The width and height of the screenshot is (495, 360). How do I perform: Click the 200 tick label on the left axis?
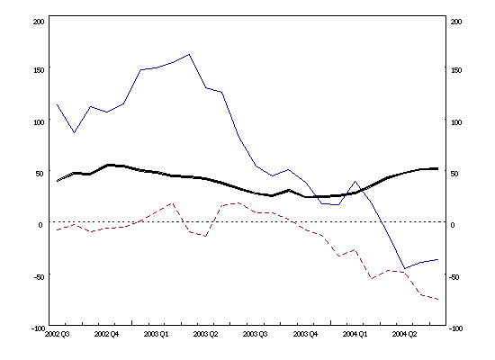[x=36, y=21]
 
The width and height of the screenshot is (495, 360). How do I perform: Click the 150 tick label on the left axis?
[x=36, y=69]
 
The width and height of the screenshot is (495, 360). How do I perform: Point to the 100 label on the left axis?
[x=36, y=121]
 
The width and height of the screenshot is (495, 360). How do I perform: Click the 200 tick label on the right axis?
[x=456, y=21]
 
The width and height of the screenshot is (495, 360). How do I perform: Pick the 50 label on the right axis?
[x=454, y=173]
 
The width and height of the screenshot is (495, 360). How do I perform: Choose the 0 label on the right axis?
[x=453, y=225]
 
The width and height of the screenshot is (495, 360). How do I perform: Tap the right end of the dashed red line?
[x=438, y=300]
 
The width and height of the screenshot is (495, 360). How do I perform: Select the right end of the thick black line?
[x=438, y=168]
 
